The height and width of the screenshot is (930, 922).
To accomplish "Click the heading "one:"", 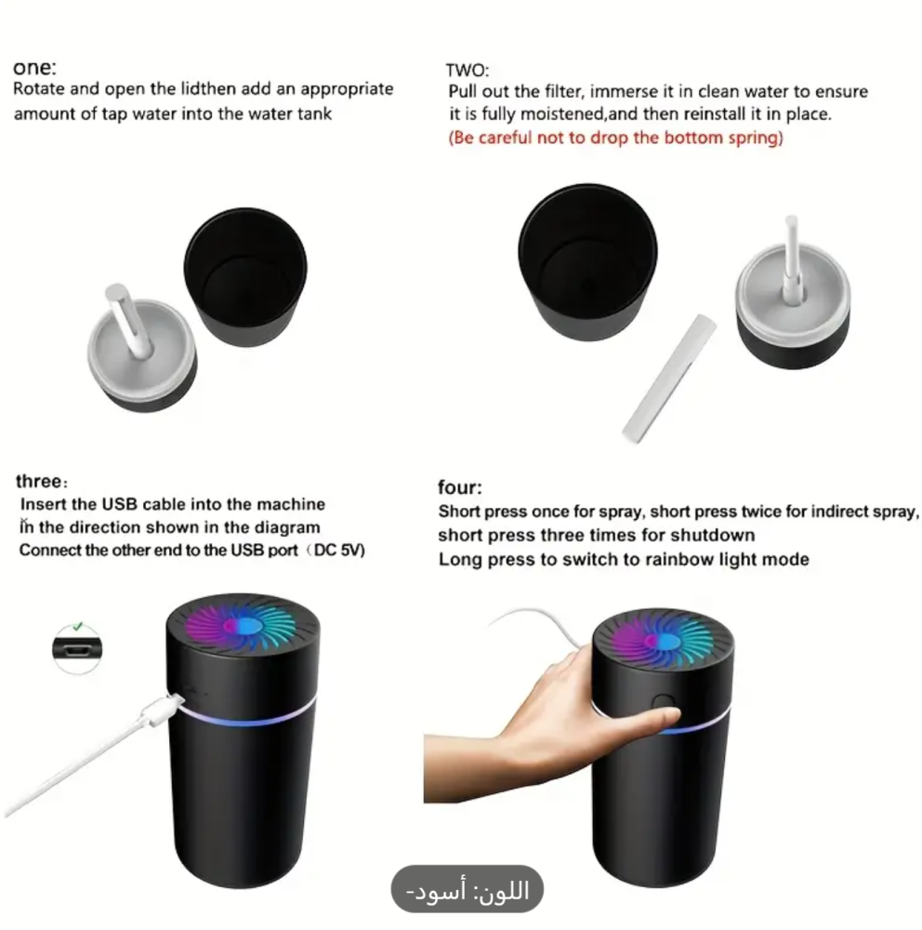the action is coord(35,68).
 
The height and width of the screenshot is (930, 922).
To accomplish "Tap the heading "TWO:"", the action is coord(468,70).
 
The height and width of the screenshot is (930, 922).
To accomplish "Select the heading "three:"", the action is coord(42,481).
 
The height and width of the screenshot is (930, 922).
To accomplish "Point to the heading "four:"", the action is coord(460,487).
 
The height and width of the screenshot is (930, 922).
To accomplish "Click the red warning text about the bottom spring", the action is coord(615,138).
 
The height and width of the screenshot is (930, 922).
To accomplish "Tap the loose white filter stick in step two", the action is coord(669,379).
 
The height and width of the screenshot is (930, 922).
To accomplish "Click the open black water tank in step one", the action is coord(245,276).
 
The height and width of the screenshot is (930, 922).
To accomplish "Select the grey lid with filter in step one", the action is coord(142,349).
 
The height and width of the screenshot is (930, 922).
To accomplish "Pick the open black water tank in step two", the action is coord(587,261).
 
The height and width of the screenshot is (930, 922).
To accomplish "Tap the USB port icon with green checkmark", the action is coord(77,647).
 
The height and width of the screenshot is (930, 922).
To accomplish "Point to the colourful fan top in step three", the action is coord(243,626).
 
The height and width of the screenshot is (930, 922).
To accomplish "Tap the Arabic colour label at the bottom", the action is coord(468,890).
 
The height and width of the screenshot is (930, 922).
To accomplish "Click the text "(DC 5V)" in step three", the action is coord(336,551).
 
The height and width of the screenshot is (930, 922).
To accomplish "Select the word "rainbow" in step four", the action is coord(680,559).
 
